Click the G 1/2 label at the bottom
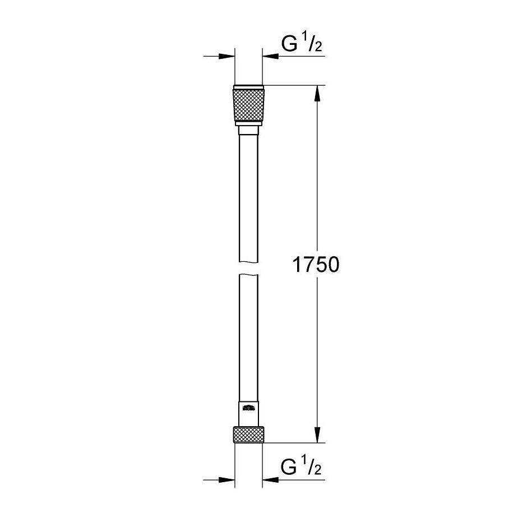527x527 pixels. pyautogui.click(x=302, y=466)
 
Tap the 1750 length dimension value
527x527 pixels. pyautogui.click(x=316, y=264)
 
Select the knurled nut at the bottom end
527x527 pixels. pyautogui.click(x=248, y=434)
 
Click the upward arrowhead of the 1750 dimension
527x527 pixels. pyautogui.click(x=318, y=93)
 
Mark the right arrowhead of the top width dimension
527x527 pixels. pyautogui.click(x=270, y=56)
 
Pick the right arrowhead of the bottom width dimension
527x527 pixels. pyautogui.click(x=270, y=480)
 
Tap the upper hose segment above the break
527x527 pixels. pyautogui.click(x=248, y=196)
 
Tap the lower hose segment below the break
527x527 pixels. pyautogui.click(x=248, y=336)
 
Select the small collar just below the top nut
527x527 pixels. pyautogui.click(x=248, y=131)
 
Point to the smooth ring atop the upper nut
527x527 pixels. pyautogui.click(x=248, y=87)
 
